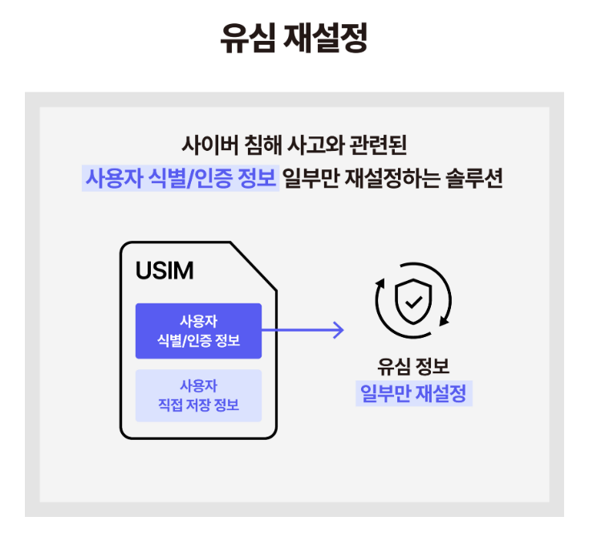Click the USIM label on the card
coord(164,270)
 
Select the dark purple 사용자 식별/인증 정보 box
coord(198,331)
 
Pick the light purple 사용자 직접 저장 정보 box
coord(198,396)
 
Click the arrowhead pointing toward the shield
coord(339,329)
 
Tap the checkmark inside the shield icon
coord(413,302)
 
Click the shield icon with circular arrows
coord(413,301)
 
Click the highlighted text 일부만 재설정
coord(413,395)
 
